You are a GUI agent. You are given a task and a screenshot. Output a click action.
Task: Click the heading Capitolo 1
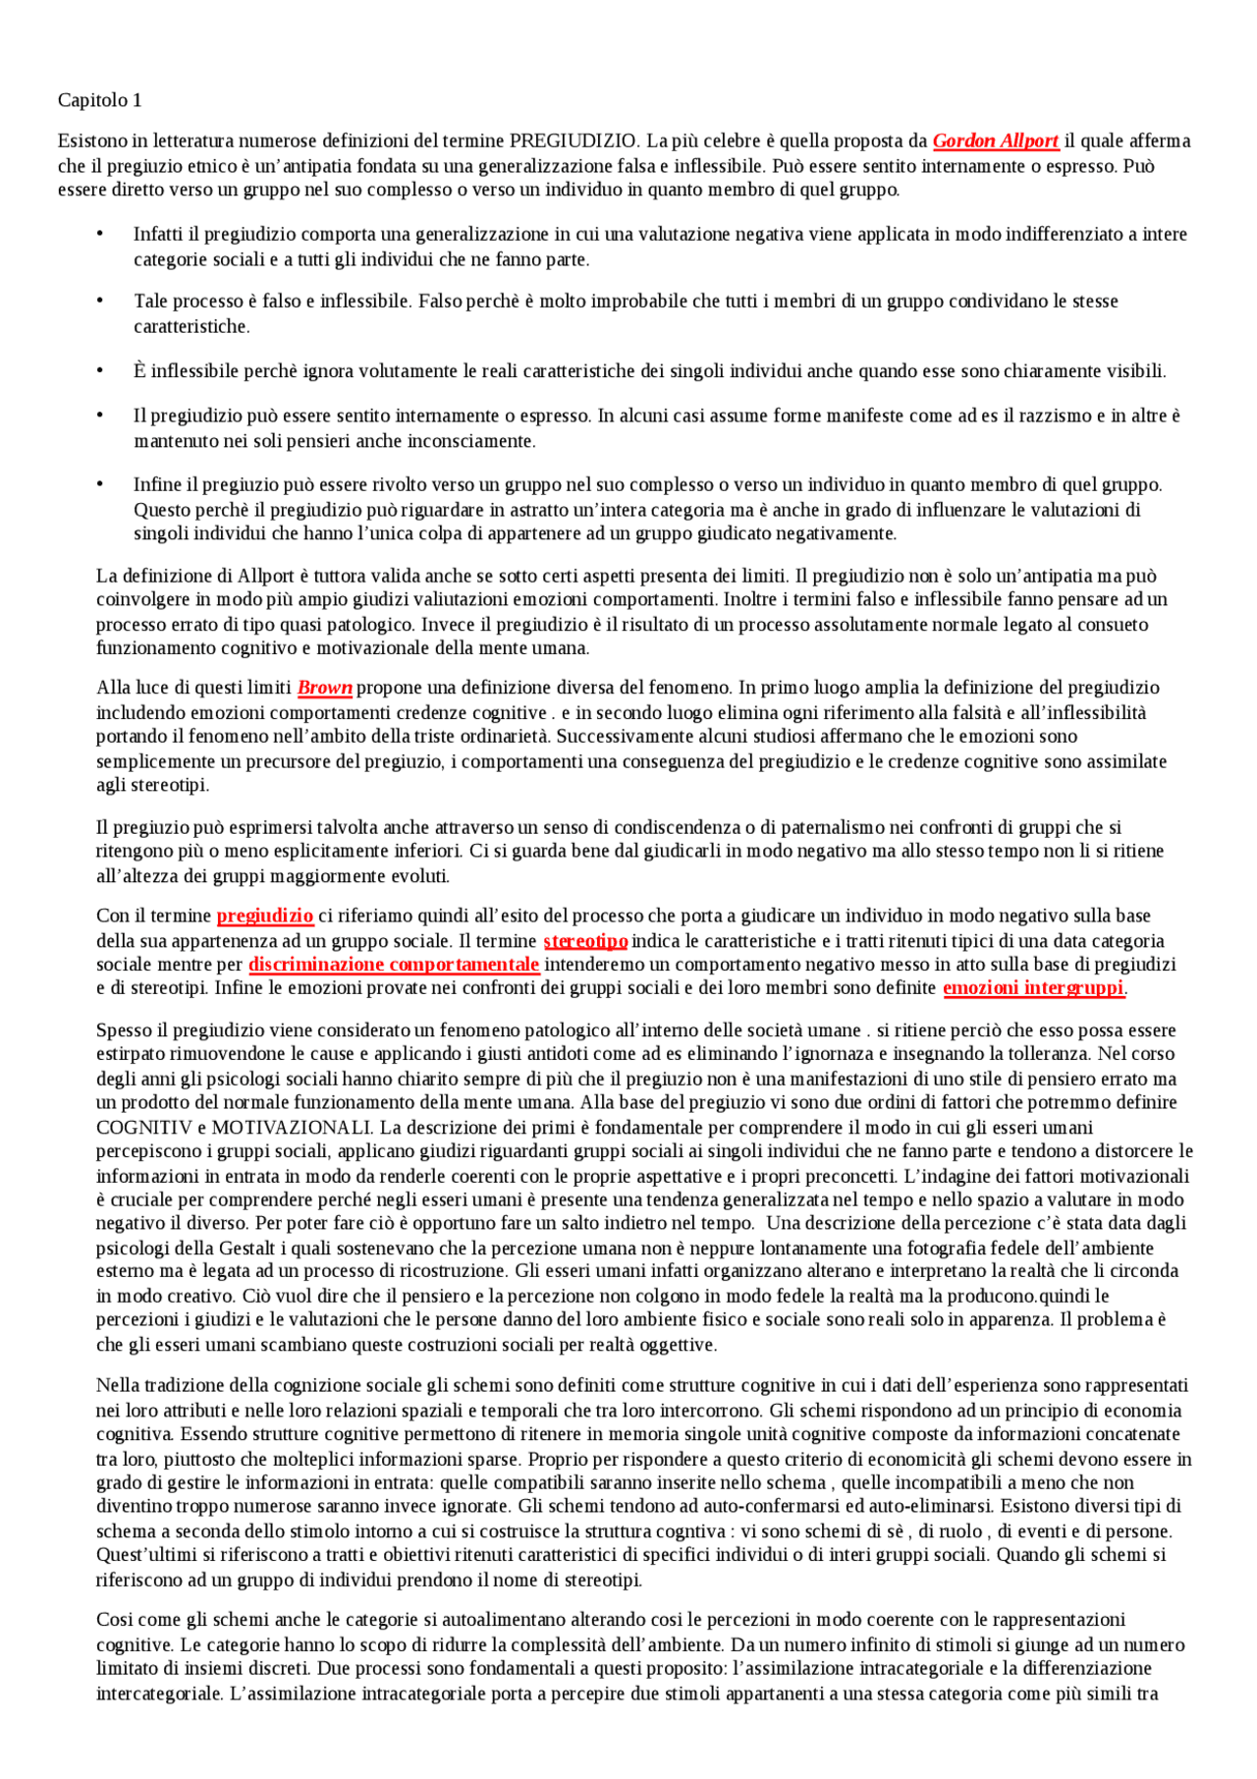(99, 100)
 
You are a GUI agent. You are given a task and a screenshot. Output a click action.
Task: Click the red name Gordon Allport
(996, 141)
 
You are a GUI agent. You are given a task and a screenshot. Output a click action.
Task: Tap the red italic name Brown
(325, 689)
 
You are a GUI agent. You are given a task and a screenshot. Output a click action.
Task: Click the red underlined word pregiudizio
(265, 917)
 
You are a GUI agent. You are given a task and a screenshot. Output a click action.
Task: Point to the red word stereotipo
(585, 941)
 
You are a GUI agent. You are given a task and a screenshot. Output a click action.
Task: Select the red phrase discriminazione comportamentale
(394, 965)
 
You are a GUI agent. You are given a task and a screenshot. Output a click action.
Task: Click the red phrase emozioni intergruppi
(1033, 988)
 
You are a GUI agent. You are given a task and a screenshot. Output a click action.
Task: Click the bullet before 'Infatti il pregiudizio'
(99, 235)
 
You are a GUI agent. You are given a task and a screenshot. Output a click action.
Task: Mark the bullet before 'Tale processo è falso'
(99, 302)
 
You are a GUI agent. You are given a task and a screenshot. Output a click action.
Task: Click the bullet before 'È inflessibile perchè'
(99, 371)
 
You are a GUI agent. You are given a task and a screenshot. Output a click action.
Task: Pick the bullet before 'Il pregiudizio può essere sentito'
(99, 416)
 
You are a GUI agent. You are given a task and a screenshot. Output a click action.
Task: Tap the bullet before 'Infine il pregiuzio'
(99, 485)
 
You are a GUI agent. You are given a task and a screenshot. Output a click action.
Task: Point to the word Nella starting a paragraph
(118, 1386)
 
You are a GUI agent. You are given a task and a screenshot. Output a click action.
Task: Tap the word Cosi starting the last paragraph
(115, 1620)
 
